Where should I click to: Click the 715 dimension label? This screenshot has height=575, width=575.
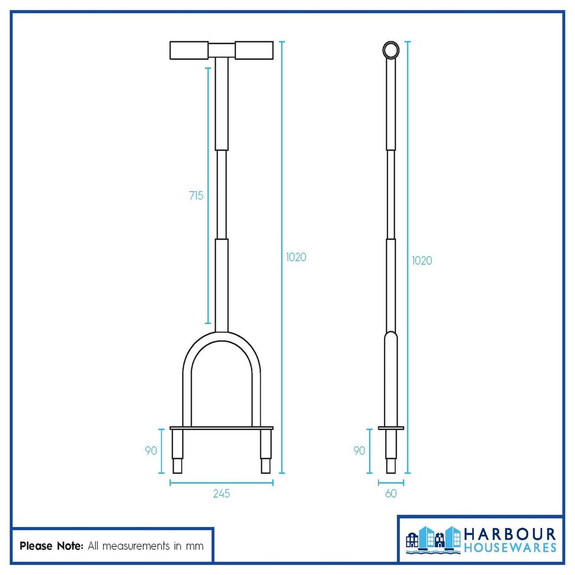click(x=196, y=196)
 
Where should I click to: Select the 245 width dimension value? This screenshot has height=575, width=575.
click(x=221, y=494)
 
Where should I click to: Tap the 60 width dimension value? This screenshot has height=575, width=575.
click(x=391, y=494)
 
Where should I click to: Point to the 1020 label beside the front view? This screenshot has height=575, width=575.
click(x=296, y=257)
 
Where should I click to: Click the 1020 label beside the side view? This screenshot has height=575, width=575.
click(x=422, y=261)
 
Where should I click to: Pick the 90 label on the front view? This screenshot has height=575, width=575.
click(x=151, y=450)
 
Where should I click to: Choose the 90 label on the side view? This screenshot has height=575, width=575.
click(x=359, y=450)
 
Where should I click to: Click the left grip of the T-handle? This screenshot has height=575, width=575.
click(x=189, y=50)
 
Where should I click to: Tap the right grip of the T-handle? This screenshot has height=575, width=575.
click(x=254, y=50)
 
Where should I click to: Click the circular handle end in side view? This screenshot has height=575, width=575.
click(x=391, y=49)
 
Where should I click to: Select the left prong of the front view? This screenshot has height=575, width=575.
click(x=178, y=452)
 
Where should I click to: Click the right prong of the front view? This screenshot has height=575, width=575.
click(x=265, y=452)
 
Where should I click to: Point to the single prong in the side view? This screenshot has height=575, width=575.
click(x=391, y=452)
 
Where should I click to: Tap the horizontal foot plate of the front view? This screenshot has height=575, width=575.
click(x=222, y=428)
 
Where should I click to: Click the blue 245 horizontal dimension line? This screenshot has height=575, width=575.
click(x=222, y=482)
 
